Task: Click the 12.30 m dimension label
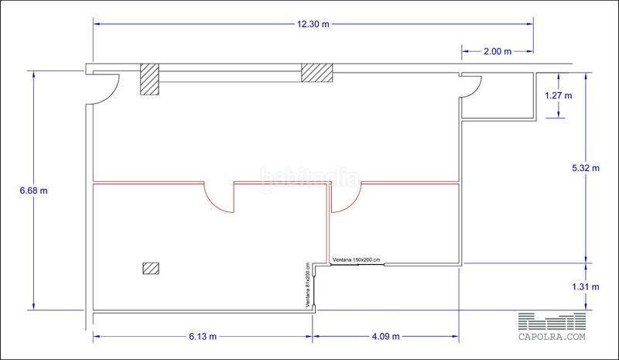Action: (313, 24)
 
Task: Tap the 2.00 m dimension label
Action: (498, 51)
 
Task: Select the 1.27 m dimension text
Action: (558, 95)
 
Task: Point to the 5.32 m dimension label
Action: (586, 168)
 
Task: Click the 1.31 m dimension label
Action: (586, 287)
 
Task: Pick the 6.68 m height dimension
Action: (33, 190)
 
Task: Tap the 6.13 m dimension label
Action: (203, 337)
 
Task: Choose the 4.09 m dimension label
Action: (385, 337)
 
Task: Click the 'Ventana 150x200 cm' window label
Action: (357, 260)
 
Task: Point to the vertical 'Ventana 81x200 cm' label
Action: (307, 285)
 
